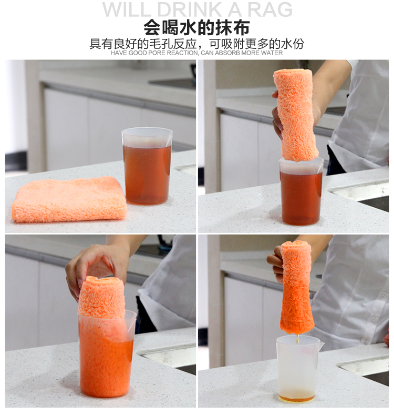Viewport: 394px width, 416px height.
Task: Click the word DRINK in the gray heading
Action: click(x=190, y=9)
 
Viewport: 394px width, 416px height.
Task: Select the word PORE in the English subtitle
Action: click(x=157, y=53)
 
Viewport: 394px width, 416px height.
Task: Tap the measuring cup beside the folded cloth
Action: click(x=147, y=166)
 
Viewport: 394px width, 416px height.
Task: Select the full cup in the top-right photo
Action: click(x=301, y=191)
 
